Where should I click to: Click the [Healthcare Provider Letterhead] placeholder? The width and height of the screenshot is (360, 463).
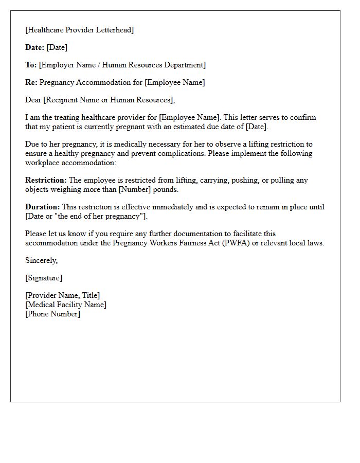[x=79, y=30]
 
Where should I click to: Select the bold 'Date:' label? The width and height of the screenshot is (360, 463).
[x=35, y=47]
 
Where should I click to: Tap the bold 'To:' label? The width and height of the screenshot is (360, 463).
[x=31, y=65]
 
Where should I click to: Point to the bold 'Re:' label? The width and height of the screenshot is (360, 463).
[x=31, y=82]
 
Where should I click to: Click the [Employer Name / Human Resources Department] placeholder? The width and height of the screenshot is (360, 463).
[x=122, y=65]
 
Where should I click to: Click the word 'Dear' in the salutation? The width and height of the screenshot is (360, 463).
[x=34, y=100]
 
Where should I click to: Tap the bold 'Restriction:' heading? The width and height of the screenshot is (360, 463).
[x=46, y=180]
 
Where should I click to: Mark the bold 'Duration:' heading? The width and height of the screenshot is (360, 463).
[x=43, y=207]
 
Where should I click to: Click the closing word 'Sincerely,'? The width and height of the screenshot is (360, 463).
[x=42, y=260]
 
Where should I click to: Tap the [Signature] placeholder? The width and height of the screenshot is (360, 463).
[x=44, y=278]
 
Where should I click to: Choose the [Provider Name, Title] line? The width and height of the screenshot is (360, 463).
[x=63, y=295]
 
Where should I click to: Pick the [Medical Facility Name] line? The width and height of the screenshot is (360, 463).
[x=66, y=305]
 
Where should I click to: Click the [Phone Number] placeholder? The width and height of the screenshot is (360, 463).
[x=52, y=314]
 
